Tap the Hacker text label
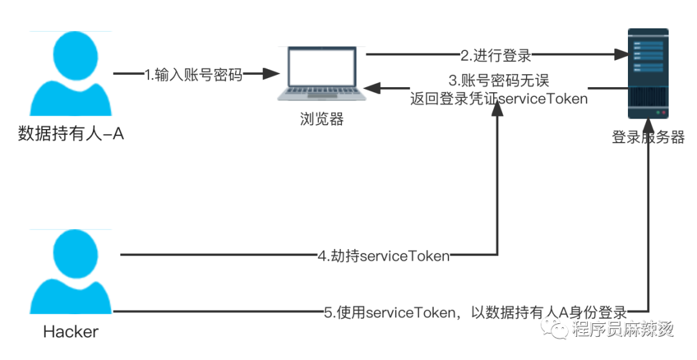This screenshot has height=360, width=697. click(71, 332)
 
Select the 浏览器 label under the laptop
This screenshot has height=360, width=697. click(321, 119)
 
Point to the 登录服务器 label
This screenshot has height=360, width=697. click(647, 137)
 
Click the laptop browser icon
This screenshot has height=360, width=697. click(321, 74)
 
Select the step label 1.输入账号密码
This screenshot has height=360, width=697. click(194, 75)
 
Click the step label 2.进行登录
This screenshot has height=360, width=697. click(495, 55)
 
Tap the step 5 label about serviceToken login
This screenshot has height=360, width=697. click(476, 313)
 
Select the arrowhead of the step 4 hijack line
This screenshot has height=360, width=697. click(497, 111)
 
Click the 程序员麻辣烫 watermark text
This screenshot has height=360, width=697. click(622, 329)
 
